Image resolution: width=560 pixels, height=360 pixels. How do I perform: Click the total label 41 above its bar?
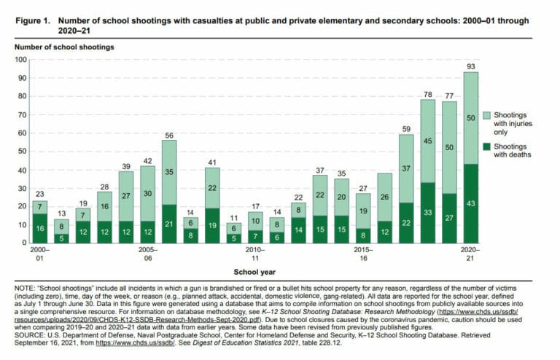212,163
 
